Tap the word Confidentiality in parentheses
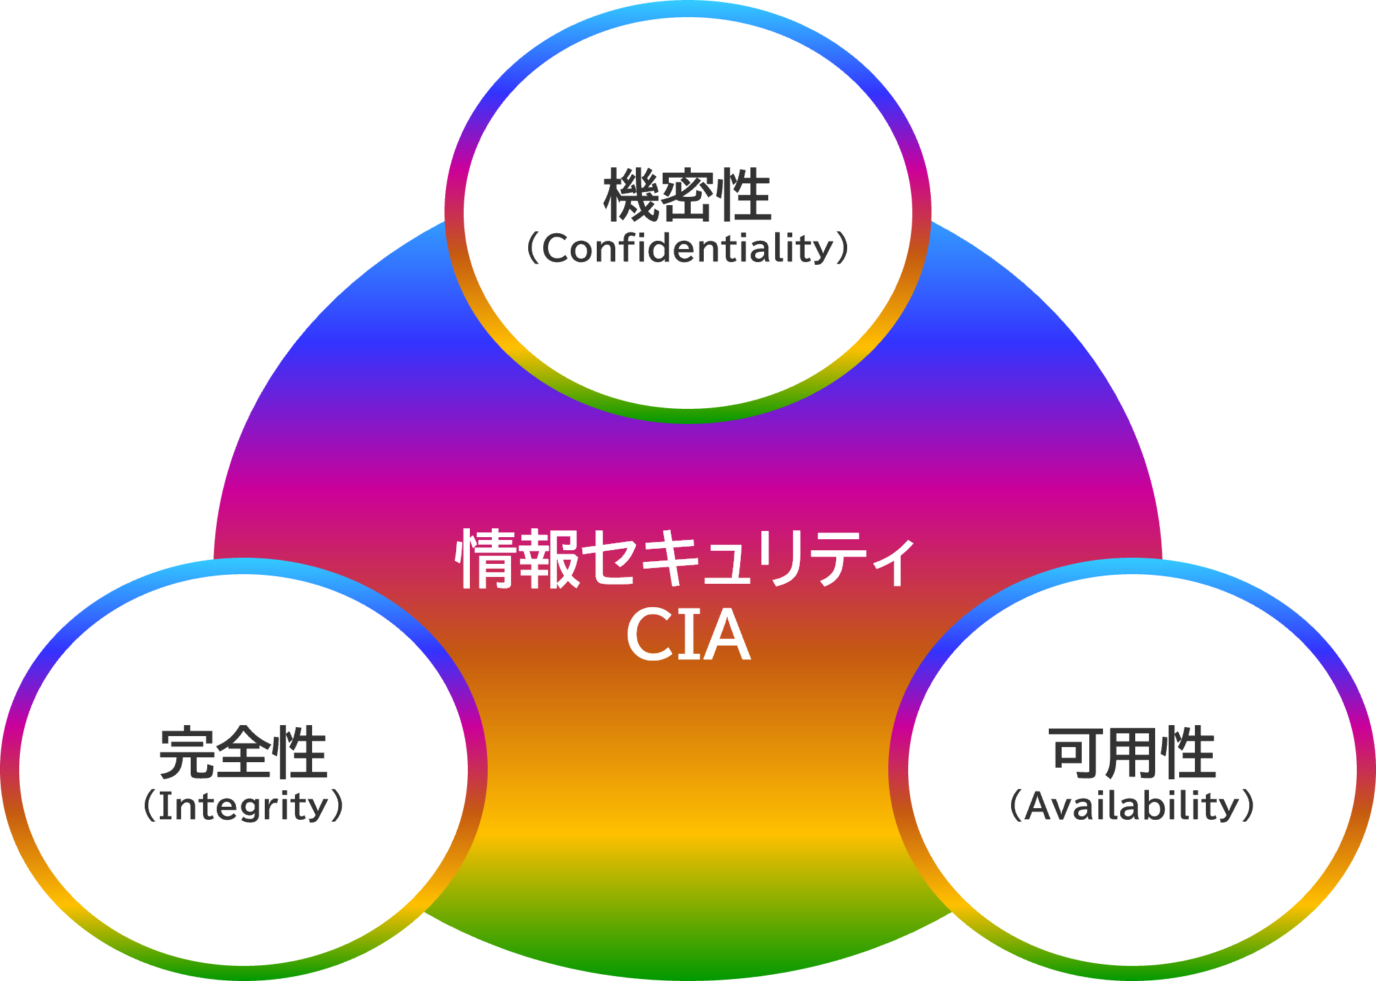click(x=687, y=249)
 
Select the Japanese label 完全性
click(x=243, y=753)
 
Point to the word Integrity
click(x=244, y=807)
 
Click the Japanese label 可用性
click(x=1132, y=753)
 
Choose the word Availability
click(x=1132, y=806)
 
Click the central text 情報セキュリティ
click(x=686, y=559)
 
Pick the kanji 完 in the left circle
click(x=187, y=753)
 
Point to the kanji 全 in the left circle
click(x=243, y=753)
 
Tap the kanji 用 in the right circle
click(x=1132, y=753)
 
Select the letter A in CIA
click(x=726, y=636)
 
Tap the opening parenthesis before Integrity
click(x=150, y=807)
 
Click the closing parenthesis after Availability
click(x=1247, y=806)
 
